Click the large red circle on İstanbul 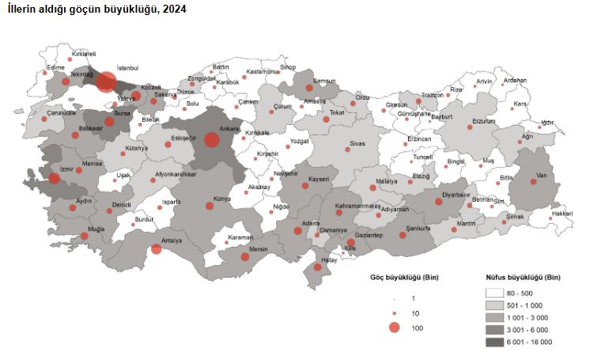(x=106, y=81)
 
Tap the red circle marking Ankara (x=211, y=140)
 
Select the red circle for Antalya (x=157, y=248)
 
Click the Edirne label (x=55, y=68)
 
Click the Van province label (x=542, y=175)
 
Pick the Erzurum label (x=483, y=121)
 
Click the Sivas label (x=361, y=146)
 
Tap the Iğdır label (x=547, y=123)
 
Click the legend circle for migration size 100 (x=394, y=328)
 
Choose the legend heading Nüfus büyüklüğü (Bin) (x=523, y=277)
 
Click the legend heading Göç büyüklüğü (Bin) (x=404, y=277)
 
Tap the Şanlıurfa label (x=417, y=227)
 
